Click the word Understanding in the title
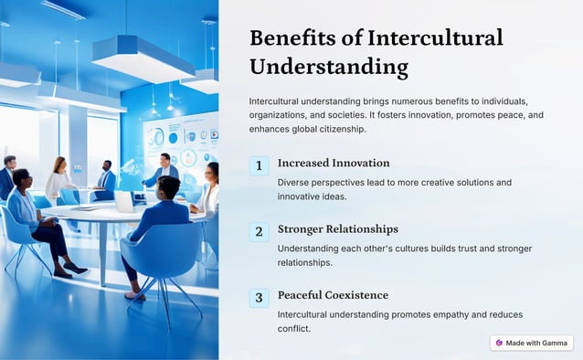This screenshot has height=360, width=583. point(329,68)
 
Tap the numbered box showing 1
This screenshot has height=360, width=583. point(260,165)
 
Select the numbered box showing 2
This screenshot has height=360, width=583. point(260,231)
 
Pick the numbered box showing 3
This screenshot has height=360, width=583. point(260,297)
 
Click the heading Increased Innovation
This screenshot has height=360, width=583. point(334,164)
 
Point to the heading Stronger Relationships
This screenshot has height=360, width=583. point(337,229)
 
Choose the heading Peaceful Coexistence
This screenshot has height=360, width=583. point(333,295)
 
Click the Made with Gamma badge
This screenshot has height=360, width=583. point(532,344)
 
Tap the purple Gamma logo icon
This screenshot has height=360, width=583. point(499,344)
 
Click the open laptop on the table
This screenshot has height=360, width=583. point(123,201)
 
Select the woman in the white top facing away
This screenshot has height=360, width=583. point(59,178)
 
